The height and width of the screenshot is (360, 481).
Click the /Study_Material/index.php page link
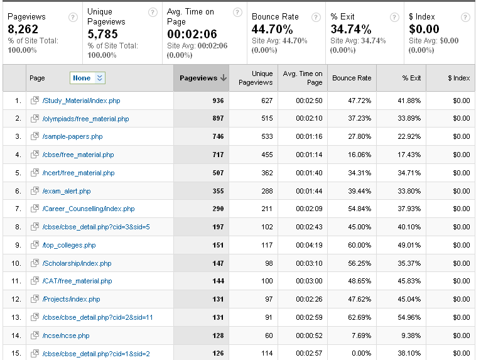(x=81, y=101)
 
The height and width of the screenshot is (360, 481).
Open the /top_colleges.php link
(x=69, y=245)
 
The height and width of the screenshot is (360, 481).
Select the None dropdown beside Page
(x=87, y=78)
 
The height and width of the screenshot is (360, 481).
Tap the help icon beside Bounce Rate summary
(x=316, y=17)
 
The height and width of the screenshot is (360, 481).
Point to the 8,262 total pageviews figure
(x=23, y=29)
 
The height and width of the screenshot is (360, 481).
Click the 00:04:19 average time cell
(x=309, y=245)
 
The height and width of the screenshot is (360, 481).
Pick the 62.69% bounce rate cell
(x=360, y=317)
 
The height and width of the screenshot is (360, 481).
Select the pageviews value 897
(x=218, y=119)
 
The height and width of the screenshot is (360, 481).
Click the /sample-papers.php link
(x=72, y=136)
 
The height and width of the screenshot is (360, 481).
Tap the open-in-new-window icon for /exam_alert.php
(x=35, y=190)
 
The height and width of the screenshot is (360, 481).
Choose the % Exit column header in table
(x=411, y=78)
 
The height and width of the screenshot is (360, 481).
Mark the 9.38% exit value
(x=411, y=335)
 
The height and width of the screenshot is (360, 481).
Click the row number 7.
(x=18, y=209)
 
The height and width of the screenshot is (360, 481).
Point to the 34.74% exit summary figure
(x=351, y=29)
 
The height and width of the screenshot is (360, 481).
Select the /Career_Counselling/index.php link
(x=89, y=209)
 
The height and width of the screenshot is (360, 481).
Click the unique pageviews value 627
(x=267, y=101)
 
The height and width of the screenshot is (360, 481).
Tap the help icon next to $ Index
(x=465, y=17)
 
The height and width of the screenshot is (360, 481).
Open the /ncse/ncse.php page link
(x=66, y=335)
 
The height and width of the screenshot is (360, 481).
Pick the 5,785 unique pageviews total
(x=102, y=34)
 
